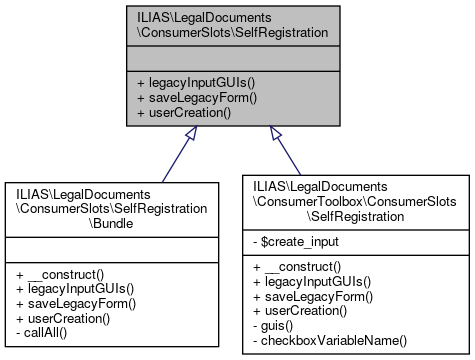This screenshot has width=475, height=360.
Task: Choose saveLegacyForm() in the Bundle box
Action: pos(75,302)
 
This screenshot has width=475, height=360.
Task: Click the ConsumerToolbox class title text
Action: pos(354,201)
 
